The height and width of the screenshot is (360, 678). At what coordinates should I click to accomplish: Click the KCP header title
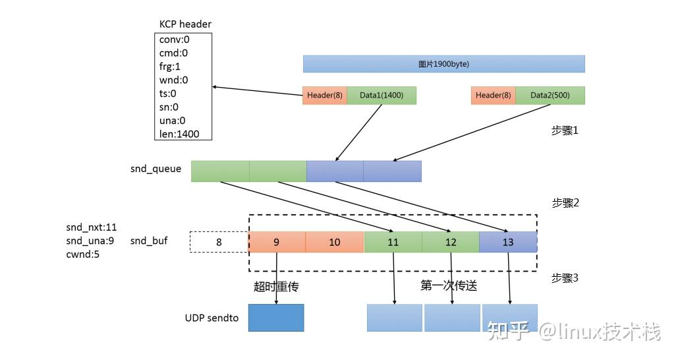185,24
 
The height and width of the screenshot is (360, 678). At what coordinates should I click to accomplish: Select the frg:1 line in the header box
170,67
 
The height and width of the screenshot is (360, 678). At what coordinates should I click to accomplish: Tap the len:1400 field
179,135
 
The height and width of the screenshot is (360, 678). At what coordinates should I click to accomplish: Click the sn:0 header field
169,107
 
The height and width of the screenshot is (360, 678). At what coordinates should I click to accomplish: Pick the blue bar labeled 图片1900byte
443,64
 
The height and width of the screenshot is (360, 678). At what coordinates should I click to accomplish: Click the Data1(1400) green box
381,96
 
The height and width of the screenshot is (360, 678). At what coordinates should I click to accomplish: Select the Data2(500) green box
550,96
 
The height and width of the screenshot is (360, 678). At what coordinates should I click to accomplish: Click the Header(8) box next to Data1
324,96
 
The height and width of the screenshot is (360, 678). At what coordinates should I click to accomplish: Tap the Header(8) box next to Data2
494,96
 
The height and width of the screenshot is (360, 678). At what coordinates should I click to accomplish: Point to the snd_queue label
155,169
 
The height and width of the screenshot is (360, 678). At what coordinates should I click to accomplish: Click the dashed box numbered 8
219,242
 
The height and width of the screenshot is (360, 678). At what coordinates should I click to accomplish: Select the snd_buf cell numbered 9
277,242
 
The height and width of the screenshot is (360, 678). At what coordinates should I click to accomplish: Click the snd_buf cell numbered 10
335,242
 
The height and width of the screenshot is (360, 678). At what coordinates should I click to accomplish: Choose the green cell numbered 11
393,242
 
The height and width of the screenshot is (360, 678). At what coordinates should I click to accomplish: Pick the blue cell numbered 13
508,242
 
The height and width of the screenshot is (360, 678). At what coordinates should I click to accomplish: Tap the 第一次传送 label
449,285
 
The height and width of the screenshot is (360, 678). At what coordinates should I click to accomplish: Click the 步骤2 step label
565,203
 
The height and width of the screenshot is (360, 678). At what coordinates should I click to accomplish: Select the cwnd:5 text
83,254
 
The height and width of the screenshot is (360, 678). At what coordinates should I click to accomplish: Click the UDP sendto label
212,318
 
